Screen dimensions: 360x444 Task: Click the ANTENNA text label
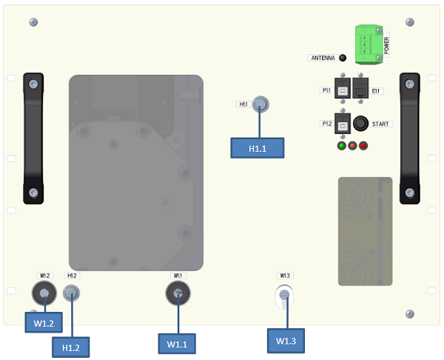coord(322,58)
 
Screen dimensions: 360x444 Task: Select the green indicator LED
coord(341,145)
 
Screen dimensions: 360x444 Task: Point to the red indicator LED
coord(363,145)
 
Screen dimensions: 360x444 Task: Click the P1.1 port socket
coord(343,90)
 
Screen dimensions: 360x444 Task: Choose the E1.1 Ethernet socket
coord(360,90)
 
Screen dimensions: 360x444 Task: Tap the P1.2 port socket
coord(343,123)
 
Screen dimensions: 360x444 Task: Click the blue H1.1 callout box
coord(258,148)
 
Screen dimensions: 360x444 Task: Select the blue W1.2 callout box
coord(43,323)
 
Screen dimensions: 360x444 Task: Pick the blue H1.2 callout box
coord(71,345)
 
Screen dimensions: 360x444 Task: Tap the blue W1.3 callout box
coord(286,341)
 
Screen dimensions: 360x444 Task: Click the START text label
coord(383,124)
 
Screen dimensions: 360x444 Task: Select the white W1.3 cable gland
coord(284,297)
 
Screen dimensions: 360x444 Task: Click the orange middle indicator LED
coord(352,145)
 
